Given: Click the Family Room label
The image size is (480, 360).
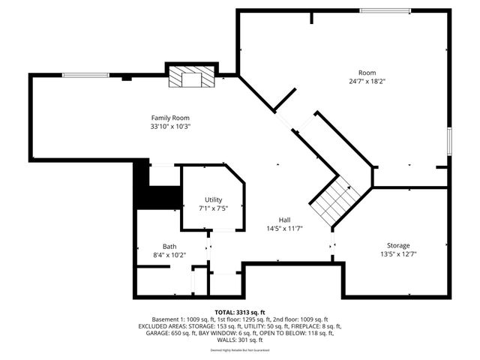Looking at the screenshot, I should (x=170, y=118).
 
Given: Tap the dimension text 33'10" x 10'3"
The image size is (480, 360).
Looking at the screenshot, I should (x=170, y=127).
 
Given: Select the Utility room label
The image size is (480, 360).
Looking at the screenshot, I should (x=214, y=199).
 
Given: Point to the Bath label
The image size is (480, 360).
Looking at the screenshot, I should (x=169, y=246).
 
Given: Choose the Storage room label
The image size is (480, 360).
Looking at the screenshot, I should (x=398, y=245).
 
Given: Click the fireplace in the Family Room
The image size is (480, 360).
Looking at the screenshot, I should (x=190, y=76).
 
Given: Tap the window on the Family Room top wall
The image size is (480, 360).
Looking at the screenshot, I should (x=85, y=75).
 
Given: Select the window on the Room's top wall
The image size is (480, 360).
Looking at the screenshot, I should (x=385, y=10).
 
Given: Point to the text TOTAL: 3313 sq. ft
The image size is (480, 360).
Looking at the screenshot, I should (x=239, y=312).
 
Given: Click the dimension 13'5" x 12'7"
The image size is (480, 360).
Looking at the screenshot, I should (x=398, y=254).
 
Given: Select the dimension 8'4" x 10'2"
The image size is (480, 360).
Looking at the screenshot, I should (x=169, y=255).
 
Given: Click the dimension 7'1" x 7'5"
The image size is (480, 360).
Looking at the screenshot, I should (x=214, y=208).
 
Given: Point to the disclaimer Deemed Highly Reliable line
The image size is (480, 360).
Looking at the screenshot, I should (x=239, y=350).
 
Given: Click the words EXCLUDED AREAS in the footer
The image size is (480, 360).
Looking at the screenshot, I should (x=164, y=327).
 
